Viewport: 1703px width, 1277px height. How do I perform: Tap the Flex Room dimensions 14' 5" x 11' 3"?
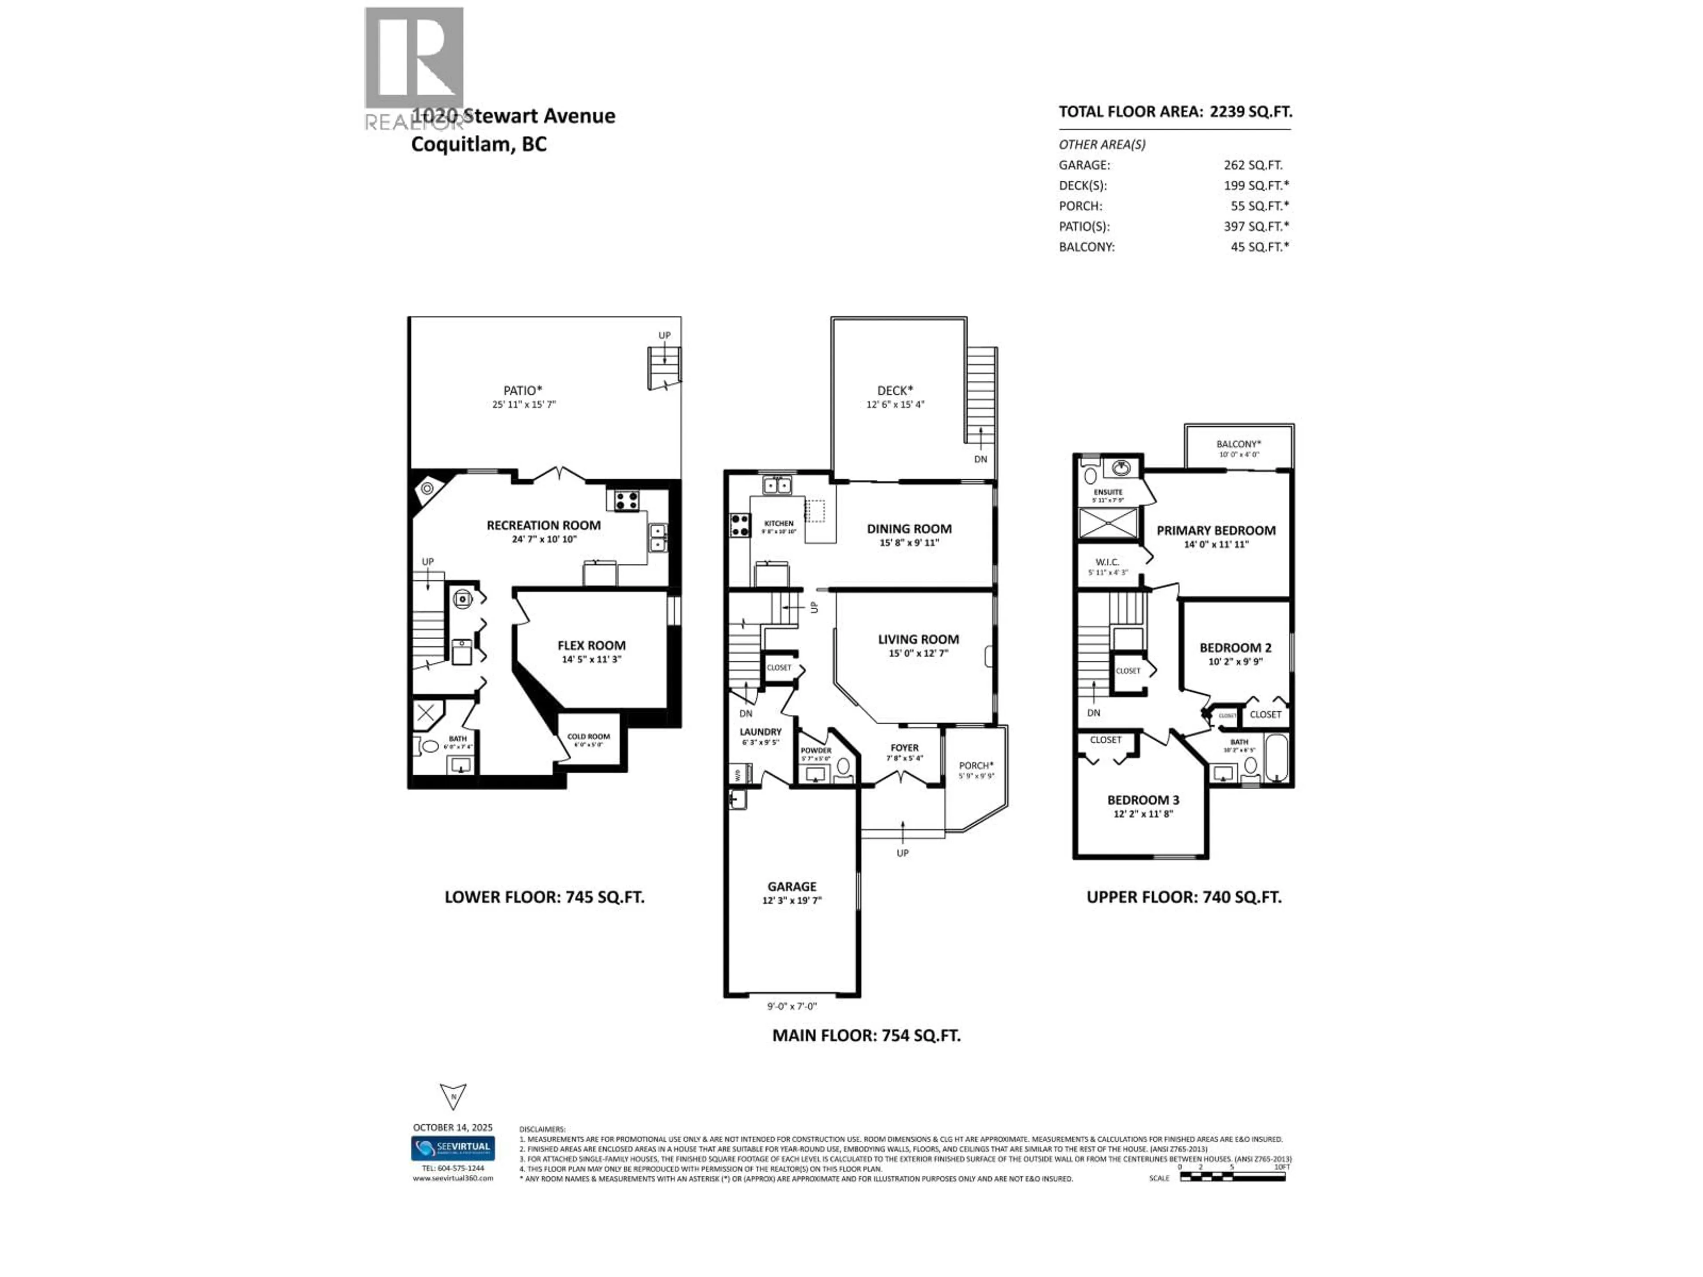click(591, 660)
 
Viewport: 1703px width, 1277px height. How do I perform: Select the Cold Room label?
click(588, 736)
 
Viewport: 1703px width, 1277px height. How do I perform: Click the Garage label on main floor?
click(792, 887)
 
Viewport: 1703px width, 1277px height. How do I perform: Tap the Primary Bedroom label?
click(1216, 530)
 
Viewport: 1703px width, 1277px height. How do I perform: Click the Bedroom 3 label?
click(1142, 800)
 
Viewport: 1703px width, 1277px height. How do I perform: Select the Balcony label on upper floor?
click(1238, 444)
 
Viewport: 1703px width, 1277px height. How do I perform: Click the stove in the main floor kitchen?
click(740, 525)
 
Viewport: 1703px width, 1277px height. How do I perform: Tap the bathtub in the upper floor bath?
click(1276, 758)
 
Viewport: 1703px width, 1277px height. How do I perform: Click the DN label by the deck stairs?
click(980, 459)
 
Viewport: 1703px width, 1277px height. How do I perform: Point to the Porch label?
click(975, 766)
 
